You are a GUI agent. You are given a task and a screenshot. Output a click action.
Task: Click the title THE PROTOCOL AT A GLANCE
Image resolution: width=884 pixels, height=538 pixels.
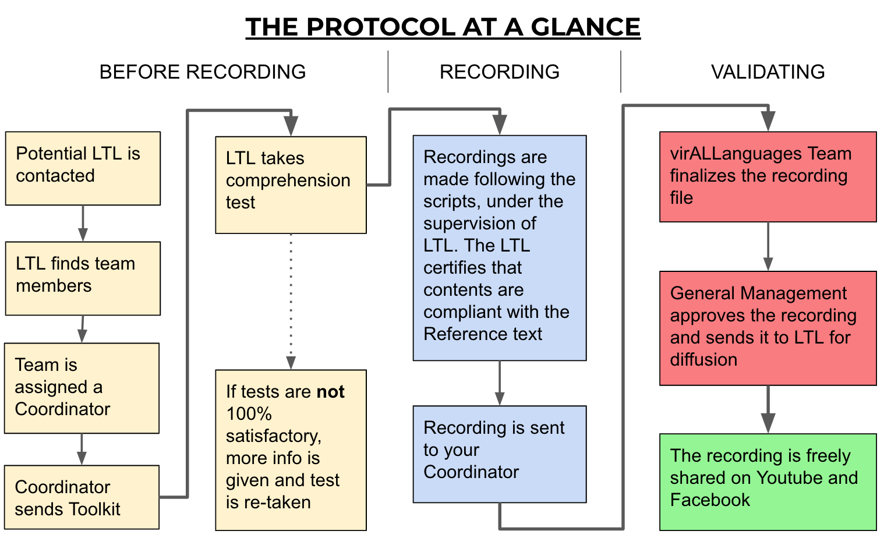pos(443,27)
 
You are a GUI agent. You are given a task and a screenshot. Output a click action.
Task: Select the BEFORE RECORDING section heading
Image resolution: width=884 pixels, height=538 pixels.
pos(202,72)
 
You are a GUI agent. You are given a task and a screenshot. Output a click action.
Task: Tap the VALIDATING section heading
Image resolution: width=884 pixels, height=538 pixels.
pos(768,72)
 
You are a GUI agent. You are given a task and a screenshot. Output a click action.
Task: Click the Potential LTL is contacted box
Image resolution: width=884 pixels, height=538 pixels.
pos(83,168)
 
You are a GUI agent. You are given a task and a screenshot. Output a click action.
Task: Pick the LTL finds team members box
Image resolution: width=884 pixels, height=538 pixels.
pos(83,278)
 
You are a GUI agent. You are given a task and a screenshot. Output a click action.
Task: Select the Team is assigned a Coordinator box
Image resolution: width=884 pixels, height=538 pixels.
pos(82,388)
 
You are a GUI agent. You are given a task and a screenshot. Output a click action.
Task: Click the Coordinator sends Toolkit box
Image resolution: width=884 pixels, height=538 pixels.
pos(82,497)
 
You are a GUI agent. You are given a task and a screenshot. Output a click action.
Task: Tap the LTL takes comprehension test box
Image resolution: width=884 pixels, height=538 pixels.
pos(291,185)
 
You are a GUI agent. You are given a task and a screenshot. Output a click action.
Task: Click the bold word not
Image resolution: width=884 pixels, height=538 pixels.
pos(330,392)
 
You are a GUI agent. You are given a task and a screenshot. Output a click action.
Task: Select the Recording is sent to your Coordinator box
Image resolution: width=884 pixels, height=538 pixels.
pos(499,454)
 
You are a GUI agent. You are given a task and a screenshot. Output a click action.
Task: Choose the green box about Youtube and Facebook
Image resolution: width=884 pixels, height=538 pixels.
pos(768,482)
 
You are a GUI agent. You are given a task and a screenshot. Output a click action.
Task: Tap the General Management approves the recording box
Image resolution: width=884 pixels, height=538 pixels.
pos(768,328)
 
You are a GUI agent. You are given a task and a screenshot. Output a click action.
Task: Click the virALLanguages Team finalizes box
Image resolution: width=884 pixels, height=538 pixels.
pos(768,176)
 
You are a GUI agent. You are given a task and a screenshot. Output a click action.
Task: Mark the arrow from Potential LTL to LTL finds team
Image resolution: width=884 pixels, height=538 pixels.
pos(83,223)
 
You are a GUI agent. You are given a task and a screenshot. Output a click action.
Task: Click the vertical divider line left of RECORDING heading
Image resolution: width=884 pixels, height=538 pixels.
pos(388,72)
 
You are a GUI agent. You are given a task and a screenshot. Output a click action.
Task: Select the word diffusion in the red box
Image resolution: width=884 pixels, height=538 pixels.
pos(703,360)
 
